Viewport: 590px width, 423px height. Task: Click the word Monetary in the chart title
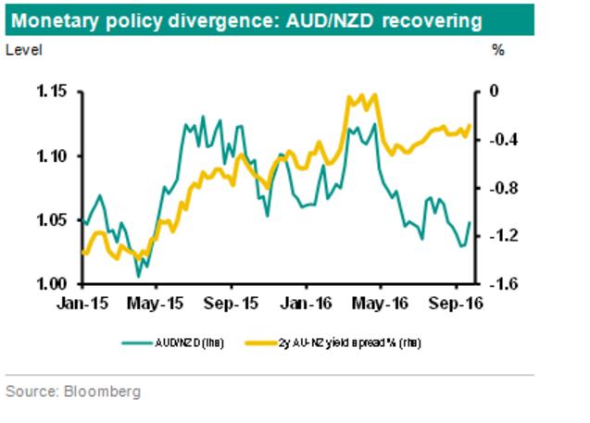tap(54, 19)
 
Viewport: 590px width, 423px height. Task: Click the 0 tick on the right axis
tap(495, 92)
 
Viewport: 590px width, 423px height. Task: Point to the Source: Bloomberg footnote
tap(73, 392)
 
